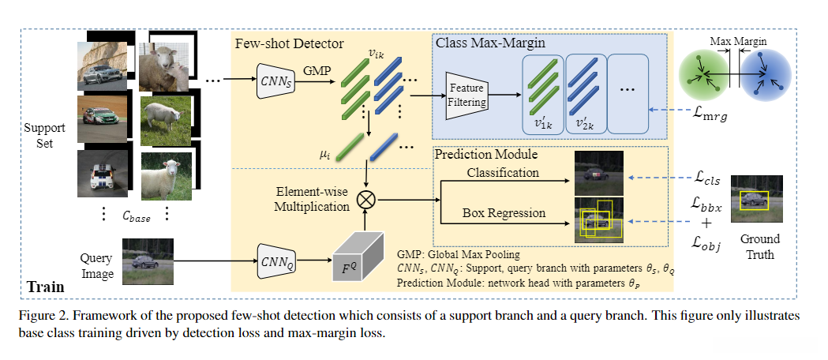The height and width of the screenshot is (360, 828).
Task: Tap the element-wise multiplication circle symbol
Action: point(366,199)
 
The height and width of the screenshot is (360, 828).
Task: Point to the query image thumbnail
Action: point(148,261)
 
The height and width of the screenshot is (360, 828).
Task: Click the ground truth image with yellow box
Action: point(757,200)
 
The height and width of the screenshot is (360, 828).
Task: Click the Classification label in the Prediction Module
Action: point(503,172)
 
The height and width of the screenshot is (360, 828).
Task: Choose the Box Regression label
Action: point(503,213)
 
